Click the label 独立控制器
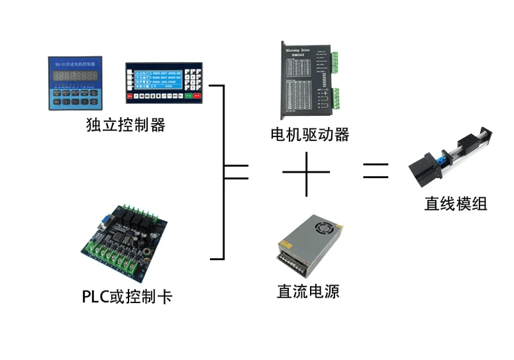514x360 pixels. pos(126,124)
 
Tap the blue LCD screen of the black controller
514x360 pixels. pos(156,77)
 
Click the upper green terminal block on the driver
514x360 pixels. pos(336,63)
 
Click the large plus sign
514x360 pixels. pos(306,174)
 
